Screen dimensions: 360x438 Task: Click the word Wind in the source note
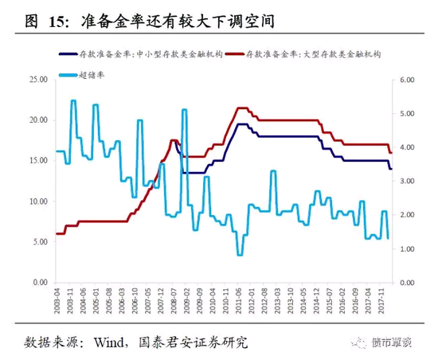pyautogui.click(x=111, y=342)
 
